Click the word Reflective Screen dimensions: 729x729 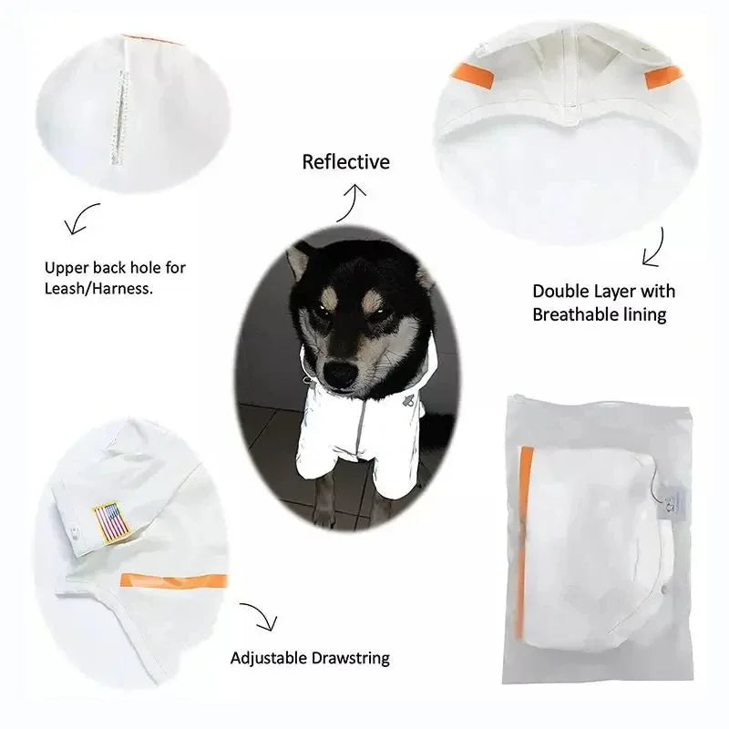point(346,162)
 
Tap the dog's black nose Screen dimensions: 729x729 point(340,372)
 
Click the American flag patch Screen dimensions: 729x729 point(111,522)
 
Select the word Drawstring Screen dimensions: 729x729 point(351,658)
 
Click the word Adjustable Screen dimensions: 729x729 point(269,658)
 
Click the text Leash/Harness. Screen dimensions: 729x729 point(98,289)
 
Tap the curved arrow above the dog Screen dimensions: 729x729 point(351,202)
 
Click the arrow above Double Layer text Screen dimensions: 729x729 point(655,249)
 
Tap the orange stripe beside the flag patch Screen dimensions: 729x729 point(174,580)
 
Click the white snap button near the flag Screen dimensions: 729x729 point(75,531)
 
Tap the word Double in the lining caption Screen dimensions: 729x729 point(560,292)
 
